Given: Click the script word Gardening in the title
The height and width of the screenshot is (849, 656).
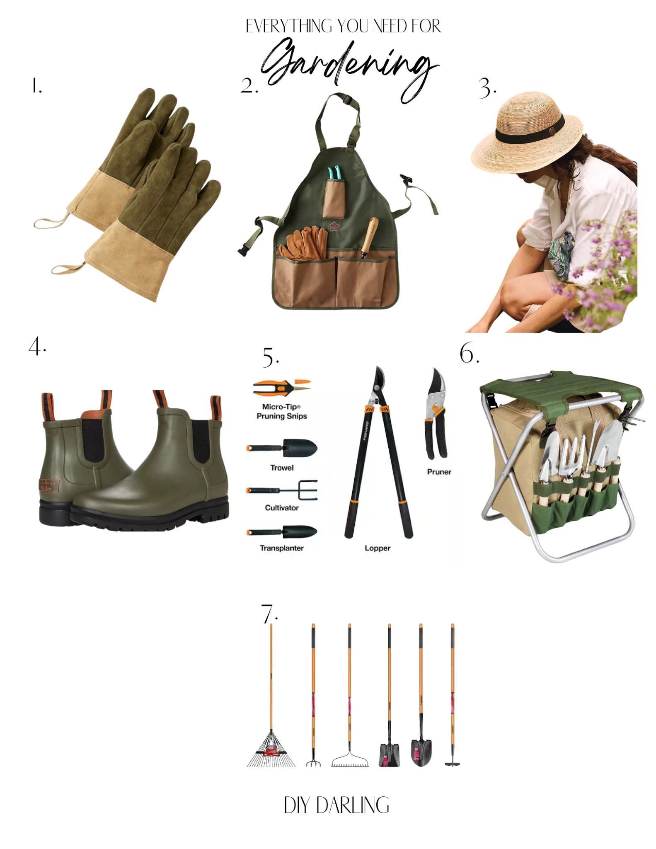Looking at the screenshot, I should tap(348, 66).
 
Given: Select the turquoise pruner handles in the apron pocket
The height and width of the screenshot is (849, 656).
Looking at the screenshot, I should tap(335, 174).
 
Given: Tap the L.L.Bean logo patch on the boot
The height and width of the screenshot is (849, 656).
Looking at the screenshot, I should tap(49, 485).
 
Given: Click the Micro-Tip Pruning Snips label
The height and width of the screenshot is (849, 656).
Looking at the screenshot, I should tap(281, 411).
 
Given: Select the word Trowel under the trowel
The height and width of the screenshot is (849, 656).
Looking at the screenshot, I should tap(282, 468).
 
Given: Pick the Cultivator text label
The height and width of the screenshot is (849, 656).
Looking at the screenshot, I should tap(282, 508).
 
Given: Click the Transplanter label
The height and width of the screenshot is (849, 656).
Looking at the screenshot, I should tap(282, 548).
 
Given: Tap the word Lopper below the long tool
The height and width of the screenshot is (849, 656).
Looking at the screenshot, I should tap(378, 548).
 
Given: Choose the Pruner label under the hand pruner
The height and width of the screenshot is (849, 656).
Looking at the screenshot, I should tap(439, 472).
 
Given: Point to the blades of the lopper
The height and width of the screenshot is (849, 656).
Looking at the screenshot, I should tap(379, 381).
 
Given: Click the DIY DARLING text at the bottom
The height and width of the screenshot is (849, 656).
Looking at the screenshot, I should tap(336, 805).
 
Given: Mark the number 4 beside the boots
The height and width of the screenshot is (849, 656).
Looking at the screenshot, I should tap(36, 346).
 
